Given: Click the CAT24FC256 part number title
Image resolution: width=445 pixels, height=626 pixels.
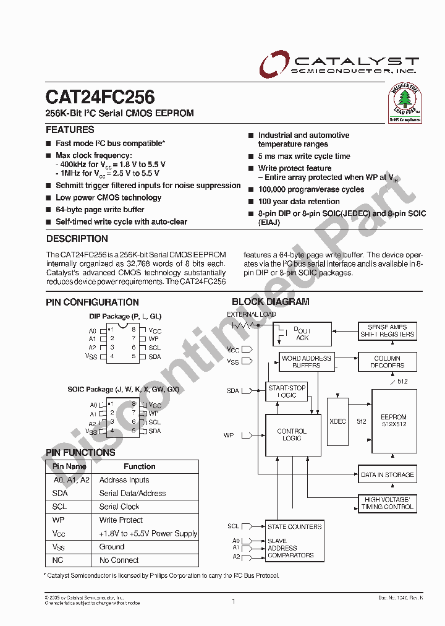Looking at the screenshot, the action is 100,97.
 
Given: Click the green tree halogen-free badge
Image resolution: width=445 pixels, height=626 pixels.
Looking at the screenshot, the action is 404,101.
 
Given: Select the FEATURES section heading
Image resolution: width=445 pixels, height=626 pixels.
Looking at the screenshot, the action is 70,130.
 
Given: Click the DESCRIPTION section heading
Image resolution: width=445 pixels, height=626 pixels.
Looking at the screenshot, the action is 77,239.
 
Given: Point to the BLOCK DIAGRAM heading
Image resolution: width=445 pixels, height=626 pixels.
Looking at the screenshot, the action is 270,302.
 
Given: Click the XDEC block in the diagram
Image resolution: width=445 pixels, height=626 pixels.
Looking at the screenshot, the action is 337,421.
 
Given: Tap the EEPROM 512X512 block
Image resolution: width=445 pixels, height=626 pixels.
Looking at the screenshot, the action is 394,421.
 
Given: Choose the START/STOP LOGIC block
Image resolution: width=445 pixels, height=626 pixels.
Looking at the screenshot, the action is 287,392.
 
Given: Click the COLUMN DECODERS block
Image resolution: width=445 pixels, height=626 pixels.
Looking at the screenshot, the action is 387,362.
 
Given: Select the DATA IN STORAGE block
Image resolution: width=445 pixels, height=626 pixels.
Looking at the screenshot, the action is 388,475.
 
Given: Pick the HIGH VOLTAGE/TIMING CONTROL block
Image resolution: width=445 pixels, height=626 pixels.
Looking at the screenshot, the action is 388,503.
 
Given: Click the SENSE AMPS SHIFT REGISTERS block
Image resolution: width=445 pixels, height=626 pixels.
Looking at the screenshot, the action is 388,330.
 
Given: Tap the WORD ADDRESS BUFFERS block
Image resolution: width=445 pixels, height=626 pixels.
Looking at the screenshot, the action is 307,362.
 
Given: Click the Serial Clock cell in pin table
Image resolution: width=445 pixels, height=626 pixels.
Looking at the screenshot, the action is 119,507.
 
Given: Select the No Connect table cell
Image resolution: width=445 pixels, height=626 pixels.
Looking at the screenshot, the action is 119,560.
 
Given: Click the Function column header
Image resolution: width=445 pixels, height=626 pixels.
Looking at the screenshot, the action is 139,466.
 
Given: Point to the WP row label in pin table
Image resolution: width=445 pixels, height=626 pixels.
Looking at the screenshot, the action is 59,520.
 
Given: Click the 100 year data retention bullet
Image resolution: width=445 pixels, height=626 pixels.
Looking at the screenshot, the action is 299,202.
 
